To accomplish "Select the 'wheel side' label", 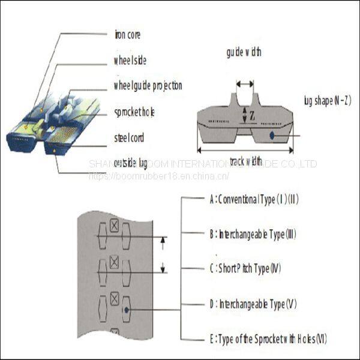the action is (130, 60).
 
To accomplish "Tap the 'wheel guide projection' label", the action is (148, 86).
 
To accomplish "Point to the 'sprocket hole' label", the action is (134, 112).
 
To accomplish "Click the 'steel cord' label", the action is (129, 138).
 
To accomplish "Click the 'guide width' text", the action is (244, 52).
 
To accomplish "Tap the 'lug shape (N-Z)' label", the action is (327, 101).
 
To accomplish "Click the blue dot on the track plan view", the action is (127, 310).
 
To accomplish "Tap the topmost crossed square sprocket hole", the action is (114, 226).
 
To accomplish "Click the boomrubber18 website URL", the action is (159, 176).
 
